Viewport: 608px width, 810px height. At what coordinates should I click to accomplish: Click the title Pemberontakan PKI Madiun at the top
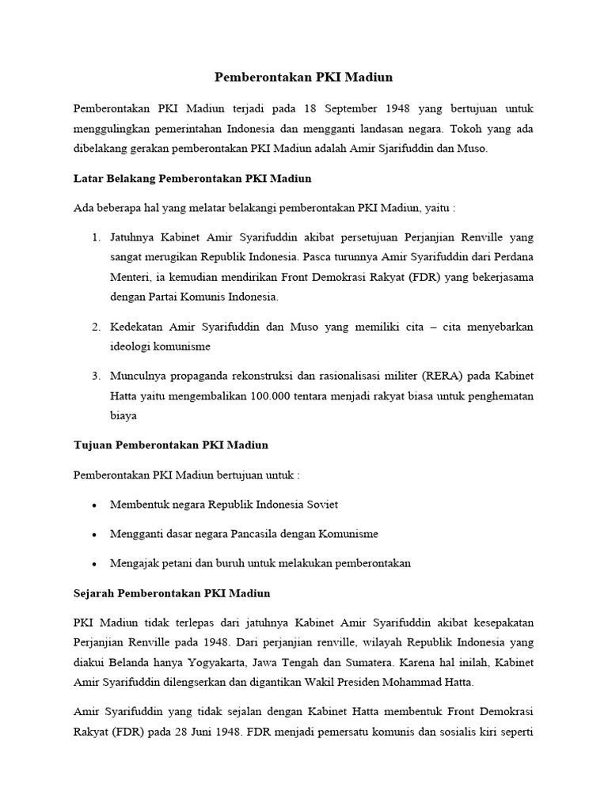pos(304,78)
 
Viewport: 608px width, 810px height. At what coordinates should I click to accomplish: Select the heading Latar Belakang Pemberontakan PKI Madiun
pos(186,178)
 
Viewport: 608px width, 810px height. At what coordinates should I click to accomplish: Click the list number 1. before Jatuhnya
pos(96,237)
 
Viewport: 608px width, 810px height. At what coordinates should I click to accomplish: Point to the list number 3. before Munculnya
pos(96,374)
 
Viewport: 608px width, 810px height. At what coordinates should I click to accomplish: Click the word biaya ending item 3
pos(125,415)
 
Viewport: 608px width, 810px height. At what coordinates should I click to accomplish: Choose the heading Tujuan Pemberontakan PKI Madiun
pos(171,445)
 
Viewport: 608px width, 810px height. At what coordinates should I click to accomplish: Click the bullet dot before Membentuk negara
pos(95,505)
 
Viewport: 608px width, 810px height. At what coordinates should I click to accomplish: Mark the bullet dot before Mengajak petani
pos(95,565)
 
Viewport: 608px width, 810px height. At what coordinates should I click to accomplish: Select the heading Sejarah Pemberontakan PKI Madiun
pos(172,592)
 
